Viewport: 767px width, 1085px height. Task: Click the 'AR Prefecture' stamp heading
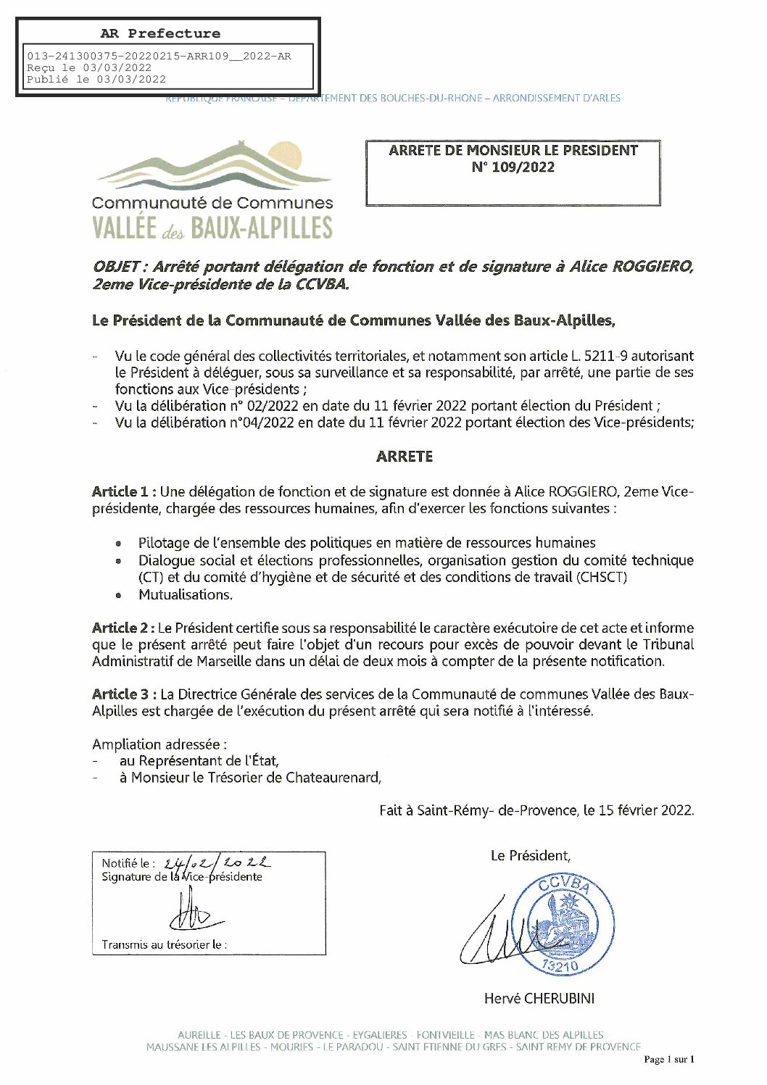click(160, 33)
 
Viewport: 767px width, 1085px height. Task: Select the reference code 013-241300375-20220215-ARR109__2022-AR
click(159, 57)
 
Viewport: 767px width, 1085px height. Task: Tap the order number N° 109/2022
click(513, 167)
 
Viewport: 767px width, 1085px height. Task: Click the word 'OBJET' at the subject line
click(116, 267)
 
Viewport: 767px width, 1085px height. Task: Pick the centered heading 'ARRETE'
click(405, 457)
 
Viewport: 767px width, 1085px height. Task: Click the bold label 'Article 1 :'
click(124, 491)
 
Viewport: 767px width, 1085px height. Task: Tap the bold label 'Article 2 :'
click(123, 628)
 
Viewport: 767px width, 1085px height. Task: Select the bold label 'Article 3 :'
click(124, 694)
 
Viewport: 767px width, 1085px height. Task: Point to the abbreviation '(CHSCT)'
click(602, 578)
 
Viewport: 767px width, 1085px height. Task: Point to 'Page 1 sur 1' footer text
click(668, 1060)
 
